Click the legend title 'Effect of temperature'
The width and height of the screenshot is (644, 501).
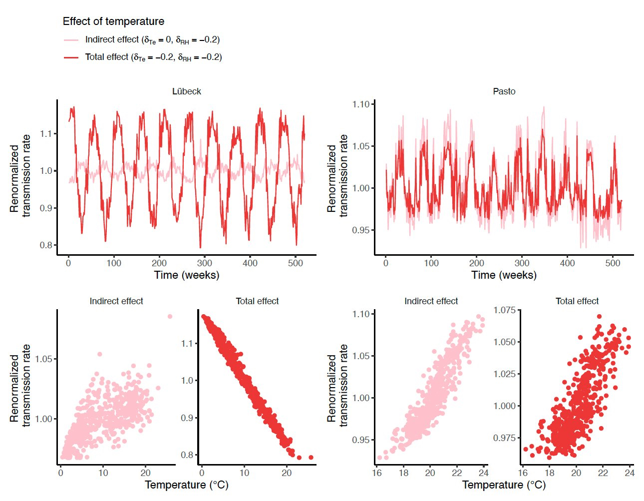tap(113, 21)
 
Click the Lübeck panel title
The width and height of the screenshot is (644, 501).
tap(187, 91)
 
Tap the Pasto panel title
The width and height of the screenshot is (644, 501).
tap(504, 91)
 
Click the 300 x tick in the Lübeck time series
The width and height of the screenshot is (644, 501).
tap(205, 263)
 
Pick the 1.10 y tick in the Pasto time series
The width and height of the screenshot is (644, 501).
tap(361, 104)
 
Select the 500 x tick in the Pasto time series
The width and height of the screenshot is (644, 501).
tap(613, 263)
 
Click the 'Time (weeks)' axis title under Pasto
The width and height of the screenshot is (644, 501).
tap(504, 275)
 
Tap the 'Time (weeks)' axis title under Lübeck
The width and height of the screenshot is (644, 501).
tap(187, 275)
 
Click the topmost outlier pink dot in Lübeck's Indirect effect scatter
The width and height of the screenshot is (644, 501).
tap(170, 316)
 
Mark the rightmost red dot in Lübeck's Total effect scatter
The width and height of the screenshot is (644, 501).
tap(311, 457)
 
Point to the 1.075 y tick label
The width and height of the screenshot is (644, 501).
tap(504, 310)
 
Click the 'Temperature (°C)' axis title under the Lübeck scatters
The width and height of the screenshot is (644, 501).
tap(187, 485)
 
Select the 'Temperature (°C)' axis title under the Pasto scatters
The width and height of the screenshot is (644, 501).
tap(504, 485)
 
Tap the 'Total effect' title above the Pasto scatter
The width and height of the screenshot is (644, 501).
tap(577, 301)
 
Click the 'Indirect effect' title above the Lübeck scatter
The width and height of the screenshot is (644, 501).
tap(116, 301)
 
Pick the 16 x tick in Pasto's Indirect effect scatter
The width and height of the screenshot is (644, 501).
tap(377, 473)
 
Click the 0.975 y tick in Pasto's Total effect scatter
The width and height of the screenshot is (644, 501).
tap(504, 438)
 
